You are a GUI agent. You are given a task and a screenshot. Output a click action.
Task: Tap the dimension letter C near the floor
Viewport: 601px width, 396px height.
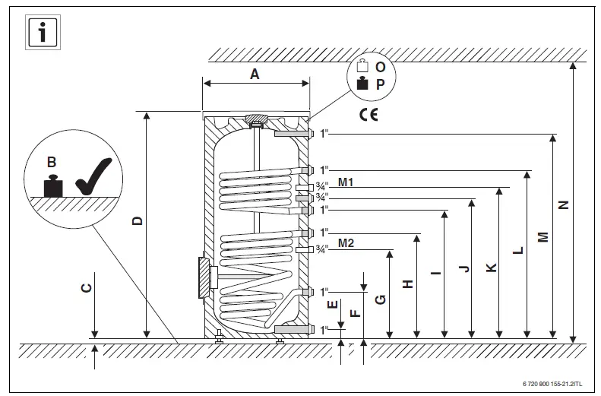(x=87, y=287)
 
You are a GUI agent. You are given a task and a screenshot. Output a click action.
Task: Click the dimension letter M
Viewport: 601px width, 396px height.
(x=542, y=237)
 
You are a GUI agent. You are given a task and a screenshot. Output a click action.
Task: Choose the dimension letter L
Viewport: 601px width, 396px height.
(x=517, y=249)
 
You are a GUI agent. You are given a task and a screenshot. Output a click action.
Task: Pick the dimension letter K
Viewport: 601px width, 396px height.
(x=490, y=268)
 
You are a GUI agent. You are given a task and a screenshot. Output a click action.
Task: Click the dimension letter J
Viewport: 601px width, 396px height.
(x=463, y=268)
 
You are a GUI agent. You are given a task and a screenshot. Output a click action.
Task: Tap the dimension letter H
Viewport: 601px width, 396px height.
(x=408, y=284)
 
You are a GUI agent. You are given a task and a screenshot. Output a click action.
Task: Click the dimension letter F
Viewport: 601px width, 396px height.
(x=354, y=312)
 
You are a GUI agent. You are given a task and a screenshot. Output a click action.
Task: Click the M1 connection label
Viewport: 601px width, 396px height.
(x=346, y=182)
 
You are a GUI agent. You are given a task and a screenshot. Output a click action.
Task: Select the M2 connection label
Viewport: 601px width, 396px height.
(x=346, y=243)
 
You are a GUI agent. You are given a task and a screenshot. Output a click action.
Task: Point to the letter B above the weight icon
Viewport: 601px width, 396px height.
(x=51, y=161)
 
